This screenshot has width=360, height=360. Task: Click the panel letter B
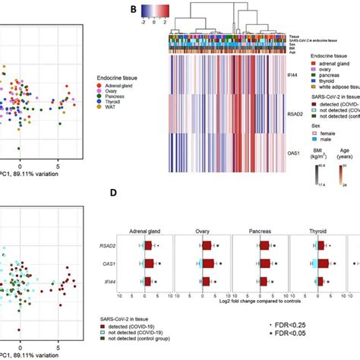click(x=134, y=10)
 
